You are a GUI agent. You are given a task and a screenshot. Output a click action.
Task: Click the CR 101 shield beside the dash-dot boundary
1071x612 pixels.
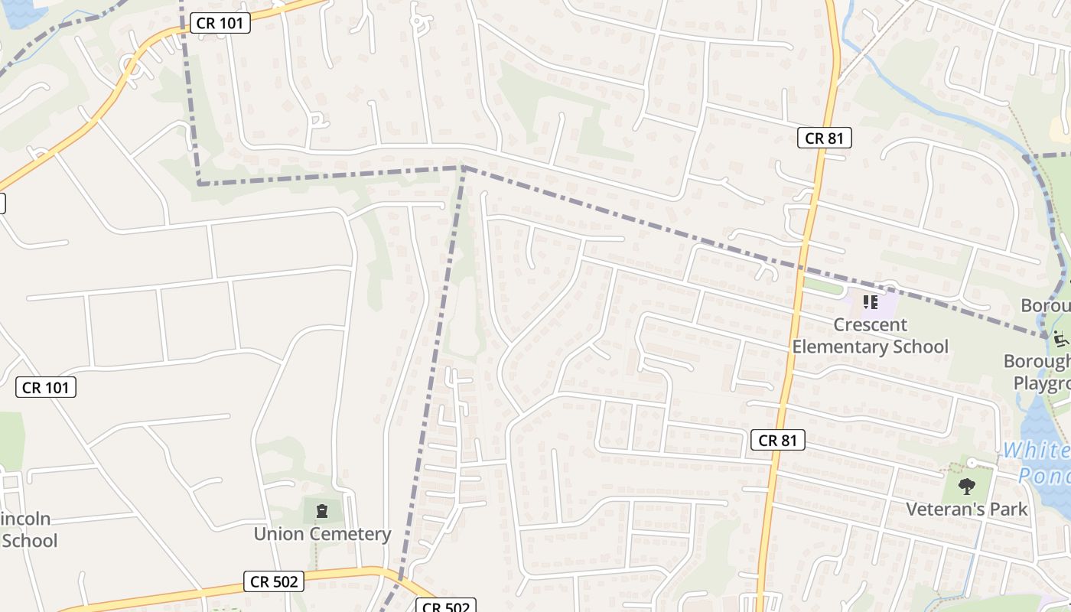(x=220, y=23)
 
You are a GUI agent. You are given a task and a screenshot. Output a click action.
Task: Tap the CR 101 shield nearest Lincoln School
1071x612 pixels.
(x=46, y=387)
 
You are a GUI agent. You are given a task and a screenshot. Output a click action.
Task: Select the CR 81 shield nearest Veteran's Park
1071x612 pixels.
(x=778, y=440)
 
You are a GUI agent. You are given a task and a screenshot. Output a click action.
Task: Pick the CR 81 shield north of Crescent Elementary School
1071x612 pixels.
(x=824, y=138)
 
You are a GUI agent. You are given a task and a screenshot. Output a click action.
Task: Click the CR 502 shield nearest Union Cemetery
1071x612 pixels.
(x=275, y=581)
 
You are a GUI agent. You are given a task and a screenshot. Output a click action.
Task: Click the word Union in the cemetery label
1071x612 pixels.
(x=278, y=534)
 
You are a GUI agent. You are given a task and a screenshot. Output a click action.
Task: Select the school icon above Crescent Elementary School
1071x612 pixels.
(x=870, y=302)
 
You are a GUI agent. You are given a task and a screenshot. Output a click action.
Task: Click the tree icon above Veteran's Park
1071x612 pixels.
(x=967, y=486)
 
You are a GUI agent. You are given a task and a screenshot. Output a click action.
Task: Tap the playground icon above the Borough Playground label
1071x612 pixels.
(x=1061, y=337)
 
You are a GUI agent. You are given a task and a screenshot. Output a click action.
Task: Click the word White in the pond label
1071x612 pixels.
(x=1036, y=450)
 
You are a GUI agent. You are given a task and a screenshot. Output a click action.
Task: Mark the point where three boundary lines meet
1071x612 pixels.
(x=464, y=167)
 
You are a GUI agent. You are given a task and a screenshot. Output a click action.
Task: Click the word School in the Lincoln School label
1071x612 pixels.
(x=29, y=541)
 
